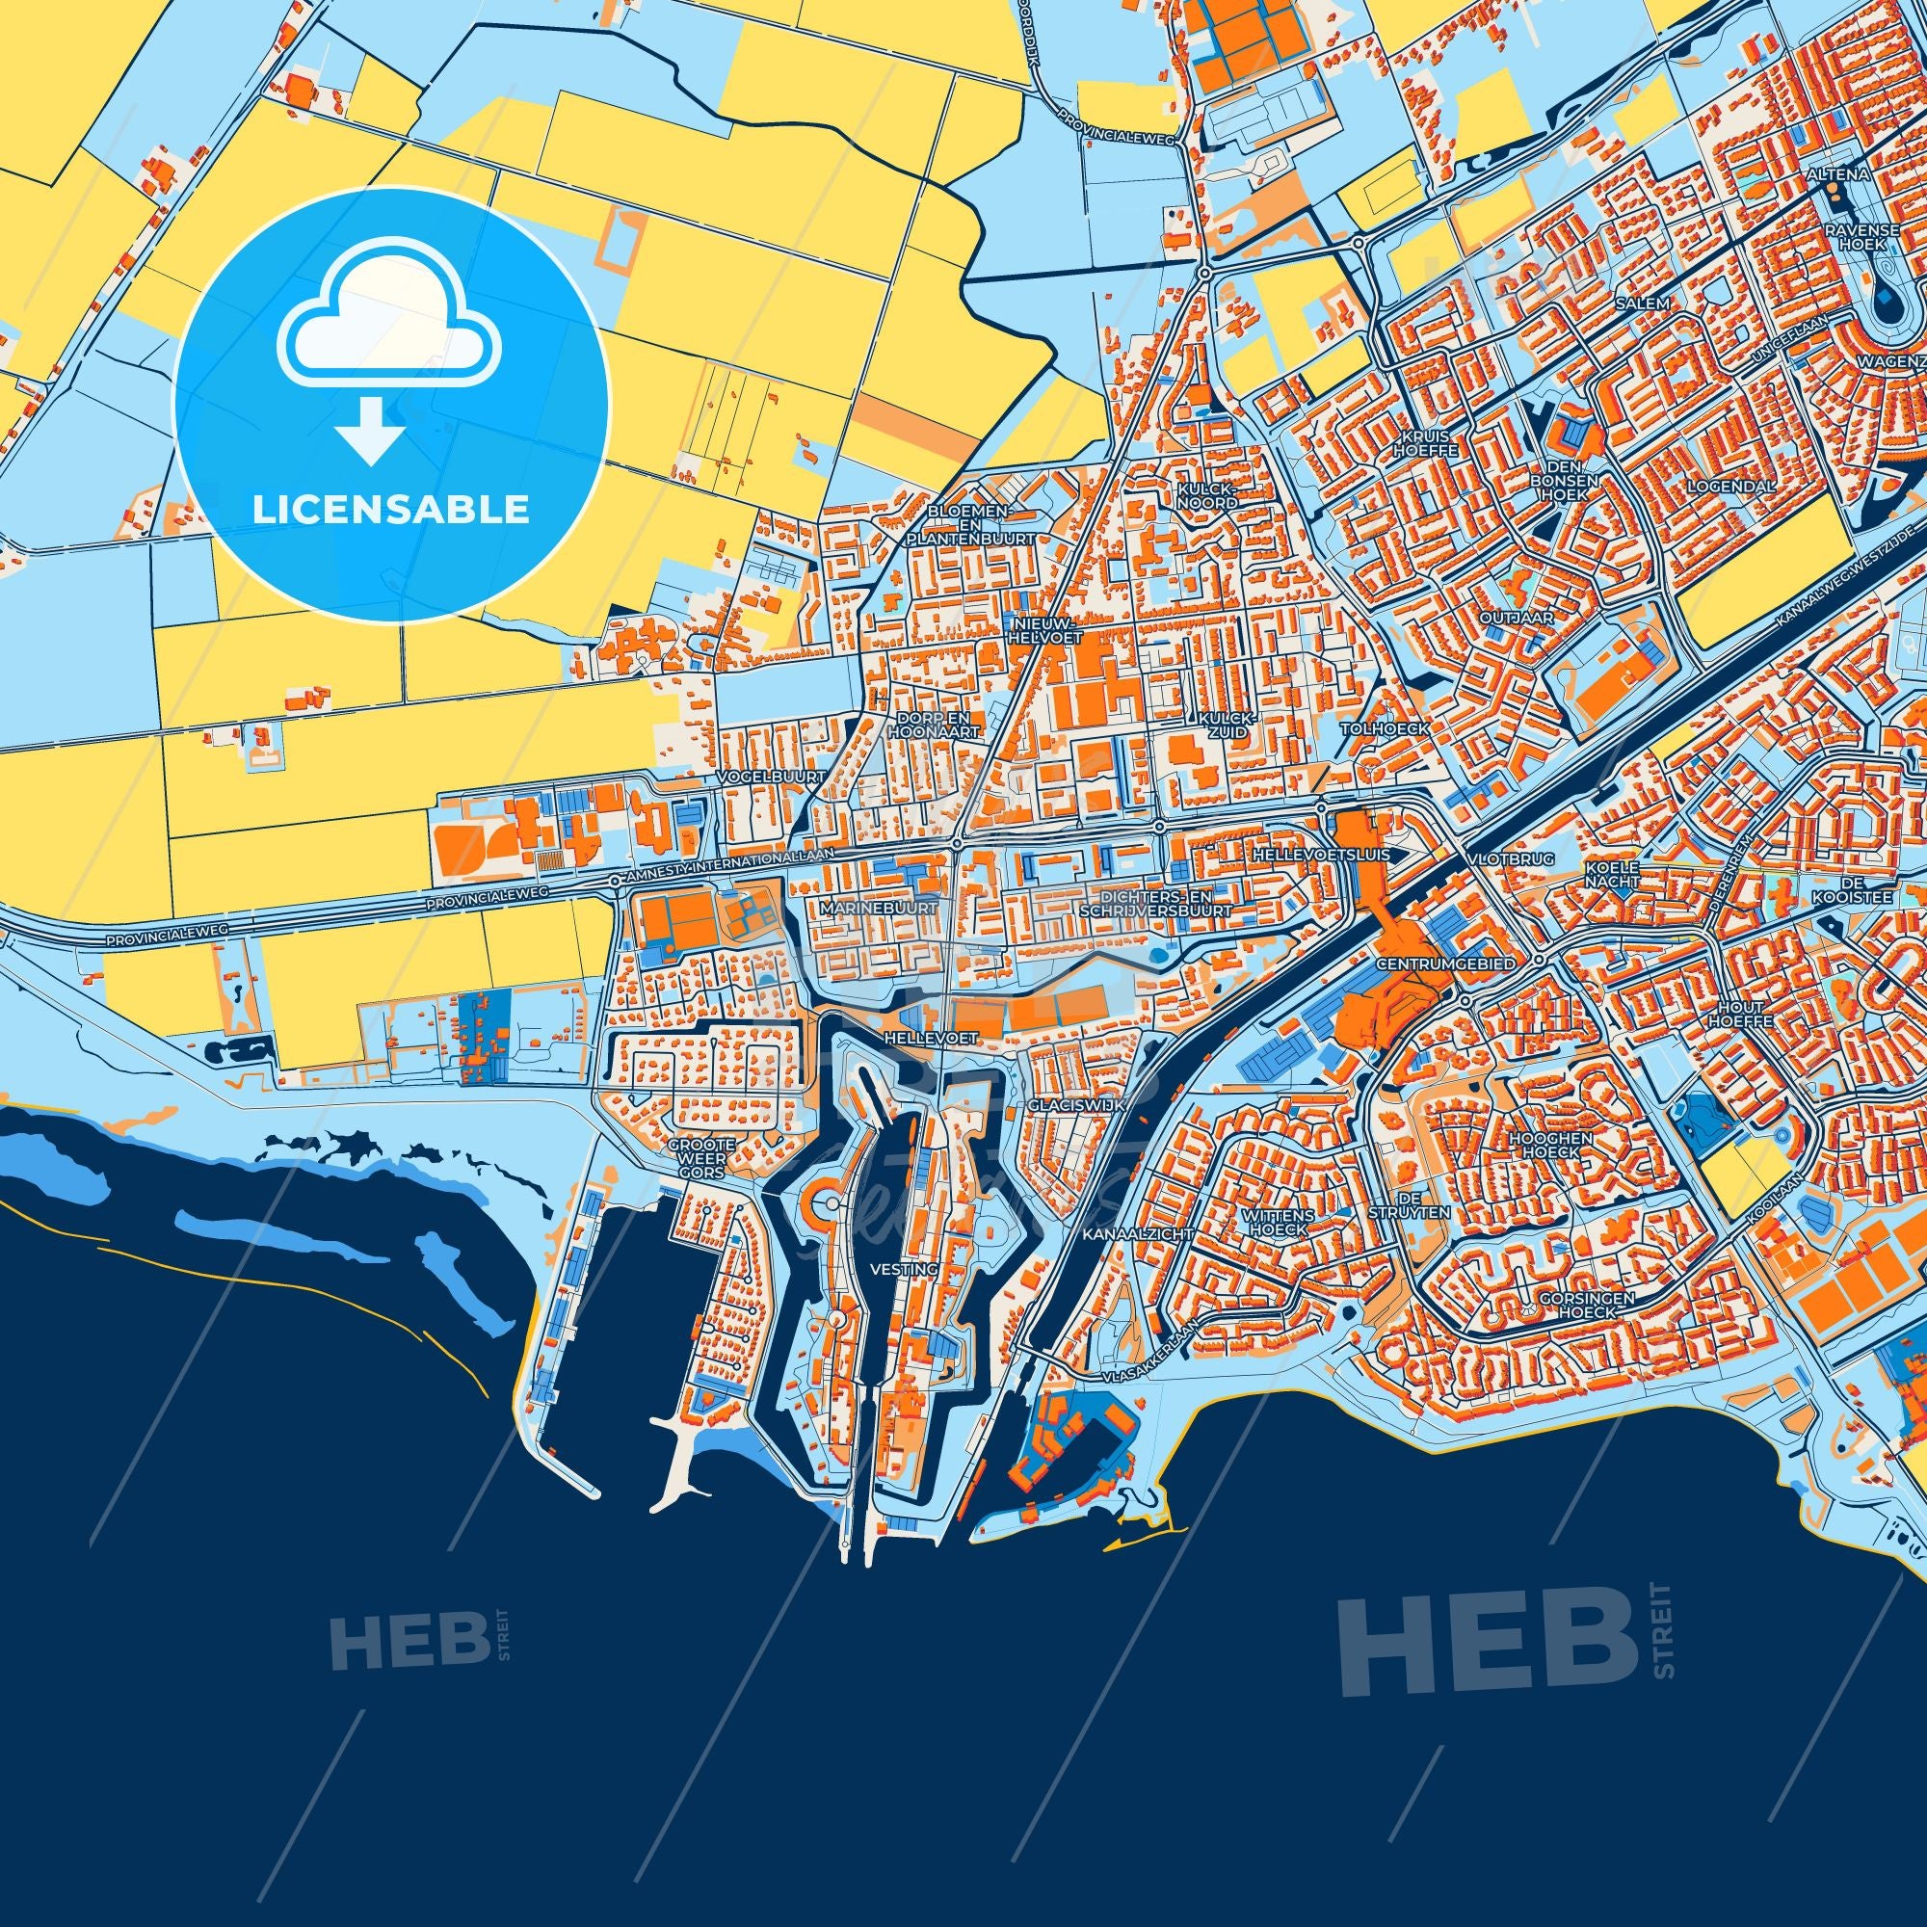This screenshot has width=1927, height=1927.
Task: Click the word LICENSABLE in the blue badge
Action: click(390, 510)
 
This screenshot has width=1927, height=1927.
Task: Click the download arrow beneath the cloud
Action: click(370, 432)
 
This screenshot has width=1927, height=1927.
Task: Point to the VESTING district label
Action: click(905, 1270)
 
